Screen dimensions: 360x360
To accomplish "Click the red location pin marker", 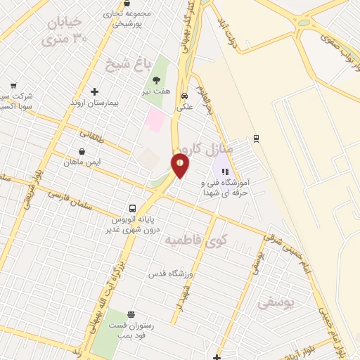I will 180,166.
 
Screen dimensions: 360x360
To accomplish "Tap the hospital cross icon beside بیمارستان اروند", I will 94,91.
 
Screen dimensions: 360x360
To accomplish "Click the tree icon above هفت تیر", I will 156,80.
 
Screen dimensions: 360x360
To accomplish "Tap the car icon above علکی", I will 184,96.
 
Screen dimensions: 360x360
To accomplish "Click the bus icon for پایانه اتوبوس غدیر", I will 132,208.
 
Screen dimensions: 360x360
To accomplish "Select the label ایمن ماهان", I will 82,162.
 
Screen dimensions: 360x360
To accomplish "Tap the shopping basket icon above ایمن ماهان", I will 82,150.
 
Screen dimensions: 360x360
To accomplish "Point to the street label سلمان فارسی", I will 70,199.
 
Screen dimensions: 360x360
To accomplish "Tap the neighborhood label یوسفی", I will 275,303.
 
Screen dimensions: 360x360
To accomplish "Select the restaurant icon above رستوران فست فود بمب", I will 131,314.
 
